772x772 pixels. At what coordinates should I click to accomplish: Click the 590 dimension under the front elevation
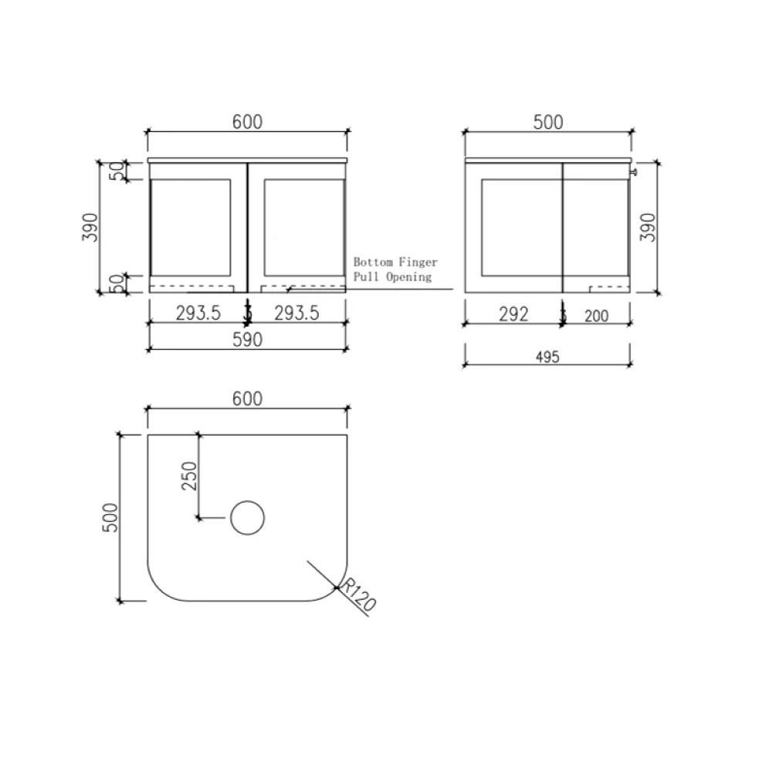point(246,339)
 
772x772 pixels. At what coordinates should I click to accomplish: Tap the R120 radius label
point(357,596)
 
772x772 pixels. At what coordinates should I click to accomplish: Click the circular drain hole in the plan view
point(248,517)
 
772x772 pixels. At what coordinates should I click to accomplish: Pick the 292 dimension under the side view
point(513,314)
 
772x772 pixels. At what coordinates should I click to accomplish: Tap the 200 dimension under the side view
point(597,314)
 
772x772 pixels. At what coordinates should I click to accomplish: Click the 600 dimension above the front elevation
point(246,122)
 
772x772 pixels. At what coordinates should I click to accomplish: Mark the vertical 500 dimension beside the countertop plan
point(110,517)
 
